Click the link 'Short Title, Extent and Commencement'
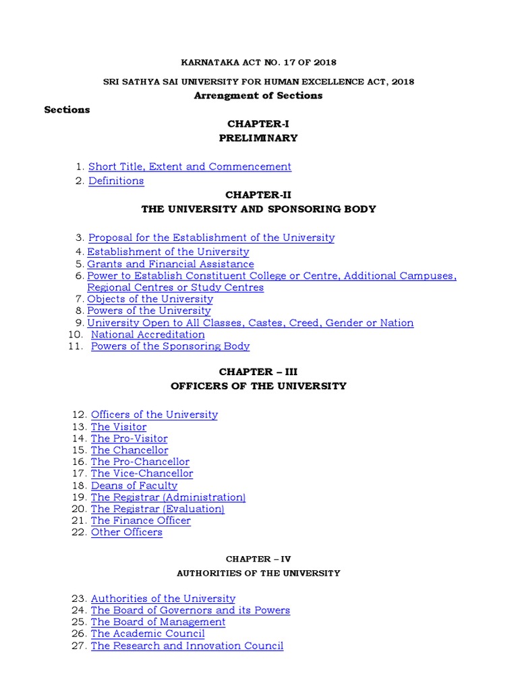(x=190, y=167)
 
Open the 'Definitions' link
(x=116, y=181)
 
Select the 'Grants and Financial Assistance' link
(x=171, y=264)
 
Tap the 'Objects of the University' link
(x=150, y=299)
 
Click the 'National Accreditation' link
(x=148, y=334)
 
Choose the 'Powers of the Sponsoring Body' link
(x=170, y=346)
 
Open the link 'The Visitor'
(x=118, y=426)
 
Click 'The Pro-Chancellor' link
(x=140, y=462)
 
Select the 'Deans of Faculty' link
(x=134, y=485)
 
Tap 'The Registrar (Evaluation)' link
(x=157, y=509)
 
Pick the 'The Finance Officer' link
(x=140, y=520)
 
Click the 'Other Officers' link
(x=126, y=532)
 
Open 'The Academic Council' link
(x=148, y=634)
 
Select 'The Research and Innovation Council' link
(x=187, y=646)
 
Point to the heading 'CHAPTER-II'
(x=258, y=195)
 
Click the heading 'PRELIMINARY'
(x=258, y=138)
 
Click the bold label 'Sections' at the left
(x=67, y=109)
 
